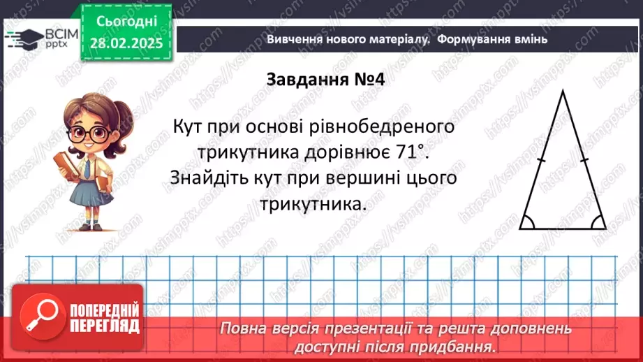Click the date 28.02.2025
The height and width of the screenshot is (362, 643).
click(126, 43)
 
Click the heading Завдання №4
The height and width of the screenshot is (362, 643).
click(326, 80)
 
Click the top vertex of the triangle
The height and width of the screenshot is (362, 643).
click(563, 91)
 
